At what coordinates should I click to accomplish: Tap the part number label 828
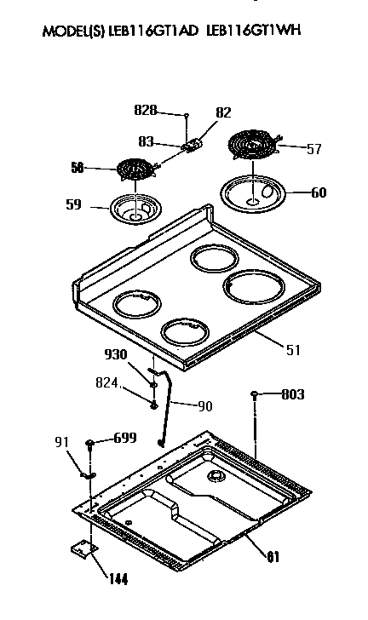pos(146,110)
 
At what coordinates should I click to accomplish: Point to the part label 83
pos(147,142)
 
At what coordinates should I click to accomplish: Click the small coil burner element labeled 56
pos(133,170)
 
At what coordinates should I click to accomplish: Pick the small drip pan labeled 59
pos(135,209)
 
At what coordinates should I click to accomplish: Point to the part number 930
pos(115,354)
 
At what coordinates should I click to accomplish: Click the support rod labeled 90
pos(167,400)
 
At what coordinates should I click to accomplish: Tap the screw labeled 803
pos(256,394)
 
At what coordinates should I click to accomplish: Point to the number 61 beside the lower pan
pos(273,558)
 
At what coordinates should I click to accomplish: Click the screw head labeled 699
pos(89,442)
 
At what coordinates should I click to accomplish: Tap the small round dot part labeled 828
pos(186,112)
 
